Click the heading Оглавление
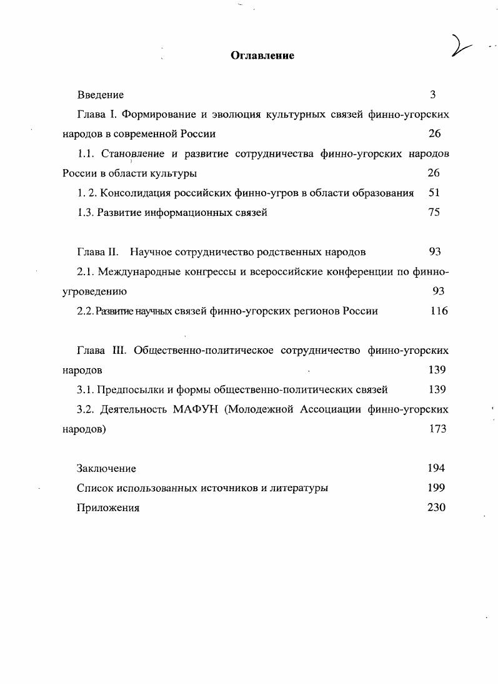tap(262, 56)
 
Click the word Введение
tap(101, 95)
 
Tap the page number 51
tap(435, 193)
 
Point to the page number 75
tap(434, 212)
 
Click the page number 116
tap(439, 311)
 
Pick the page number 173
tap(437, 429)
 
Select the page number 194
tap(436, 468)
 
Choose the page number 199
tap(436, 488)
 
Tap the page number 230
tap(436, 507)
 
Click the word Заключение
tap(106, 469)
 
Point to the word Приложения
tap(108, 508)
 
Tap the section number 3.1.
tap(85, 390)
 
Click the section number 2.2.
tap(85, 311)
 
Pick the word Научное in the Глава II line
tap(149, 252)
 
